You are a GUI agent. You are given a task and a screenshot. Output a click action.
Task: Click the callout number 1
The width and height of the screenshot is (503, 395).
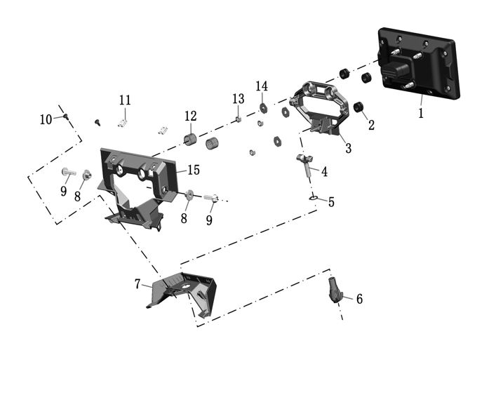tap(421, 112)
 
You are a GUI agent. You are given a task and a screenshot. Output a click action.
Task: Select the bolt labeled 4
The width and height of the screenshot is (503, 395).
tap(306, 162)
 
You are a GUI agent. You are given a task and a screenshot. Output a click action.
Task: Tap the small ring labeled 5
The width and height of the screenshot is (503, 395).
tap(314, 199)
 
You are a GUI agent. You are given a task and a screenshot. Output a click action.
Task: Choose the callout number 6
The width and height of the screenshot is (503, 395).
tap(359, 299)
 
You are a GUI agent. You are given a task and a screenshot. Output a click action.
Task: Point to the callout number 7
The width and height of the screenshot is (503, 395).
tap(138, 284)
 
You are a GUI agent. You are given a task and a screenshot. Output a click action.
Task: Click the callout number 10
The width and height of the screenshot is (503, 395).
tap(46, 120)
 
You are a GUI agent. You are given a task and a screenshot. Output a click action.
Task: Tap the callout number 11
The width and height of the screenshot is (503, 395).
tap(125, 100)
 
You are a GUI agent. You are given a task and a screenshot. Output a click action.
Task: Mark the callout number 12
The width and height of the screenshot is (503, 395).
tap(191, 116)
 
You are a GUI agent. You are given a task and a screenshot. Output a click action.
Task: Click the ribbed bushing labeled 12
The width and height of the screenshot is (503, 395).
tap(189, 139)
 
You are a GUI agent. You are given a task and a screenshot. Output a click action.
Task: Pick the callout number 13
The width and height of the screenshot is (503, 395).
tap(238, 98)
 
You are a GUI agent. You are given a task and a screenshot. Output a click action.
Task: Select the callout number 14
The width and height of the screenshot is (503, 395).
tap(262, 86)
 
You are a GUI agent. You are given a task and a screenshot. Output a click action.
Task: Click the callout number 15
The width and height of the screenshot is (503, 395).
tap(193, 170)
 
